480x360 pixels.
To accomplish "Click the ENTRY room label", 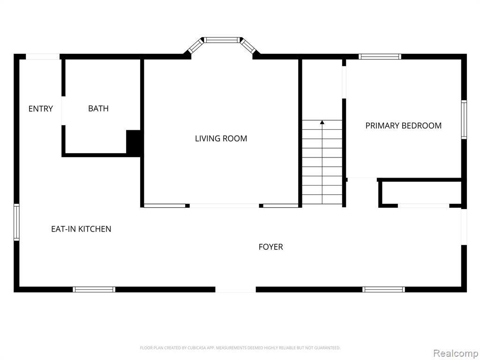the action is click(x=40, y=109).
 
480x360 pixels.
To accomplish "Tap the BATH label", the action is click(x=98, y=108).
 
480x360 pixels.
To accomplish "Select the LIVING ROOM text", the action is click(x=221, y=138).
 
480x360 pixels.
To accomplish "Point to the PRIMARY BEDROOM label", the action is click(x=404, y=126).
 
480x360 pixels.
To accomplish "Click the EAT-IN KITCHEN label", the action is click(x=81, y=229).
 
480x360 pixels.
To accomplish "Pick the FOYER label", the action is click(x=270, y=247).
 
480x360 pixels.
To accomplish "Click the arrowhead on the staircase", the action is click(x=322, y=122).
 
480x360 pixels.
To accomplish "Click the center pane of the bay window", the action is click(x=222, y=40).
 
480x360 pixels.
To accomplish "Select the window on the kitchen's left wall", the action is click(x=16, y=223).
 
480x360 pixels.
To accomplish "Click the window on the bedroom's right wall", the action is click(x=464, y=120).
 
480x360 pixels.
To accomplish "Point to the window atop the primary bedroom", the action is click(x=380, y=57).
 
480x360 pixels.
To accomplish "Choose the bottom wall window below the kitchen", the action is click(x=94, y=290).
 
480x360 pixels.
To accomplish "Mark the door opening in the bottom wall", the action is click(x=236, y=290).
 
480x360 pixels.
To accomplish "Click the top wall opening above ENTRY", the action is click(x=43, y=57).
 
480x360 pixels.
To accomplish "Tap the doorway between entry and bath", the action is click(x=63, y=111).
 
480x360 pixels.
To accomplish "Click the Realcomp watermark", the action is click(x=455, y=353).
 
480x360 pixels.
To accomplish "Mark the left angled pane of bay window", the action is click(x=195, y=46).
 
